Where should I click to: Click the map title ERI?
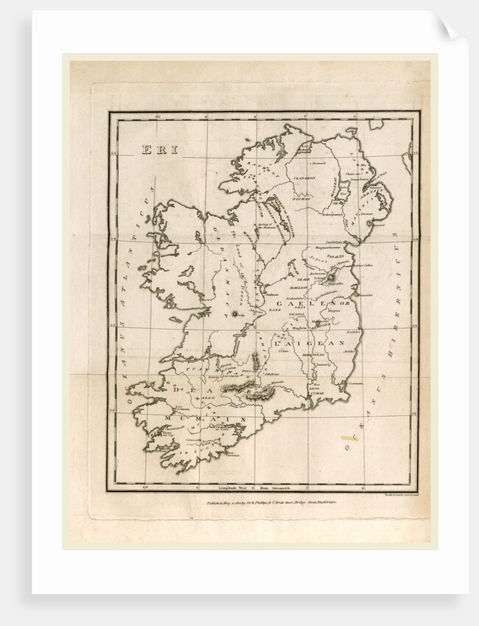point(159,150)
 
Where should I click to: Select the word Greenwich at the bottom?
point(284,488)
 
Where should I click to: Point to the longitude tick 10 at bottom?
point(145,486)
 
